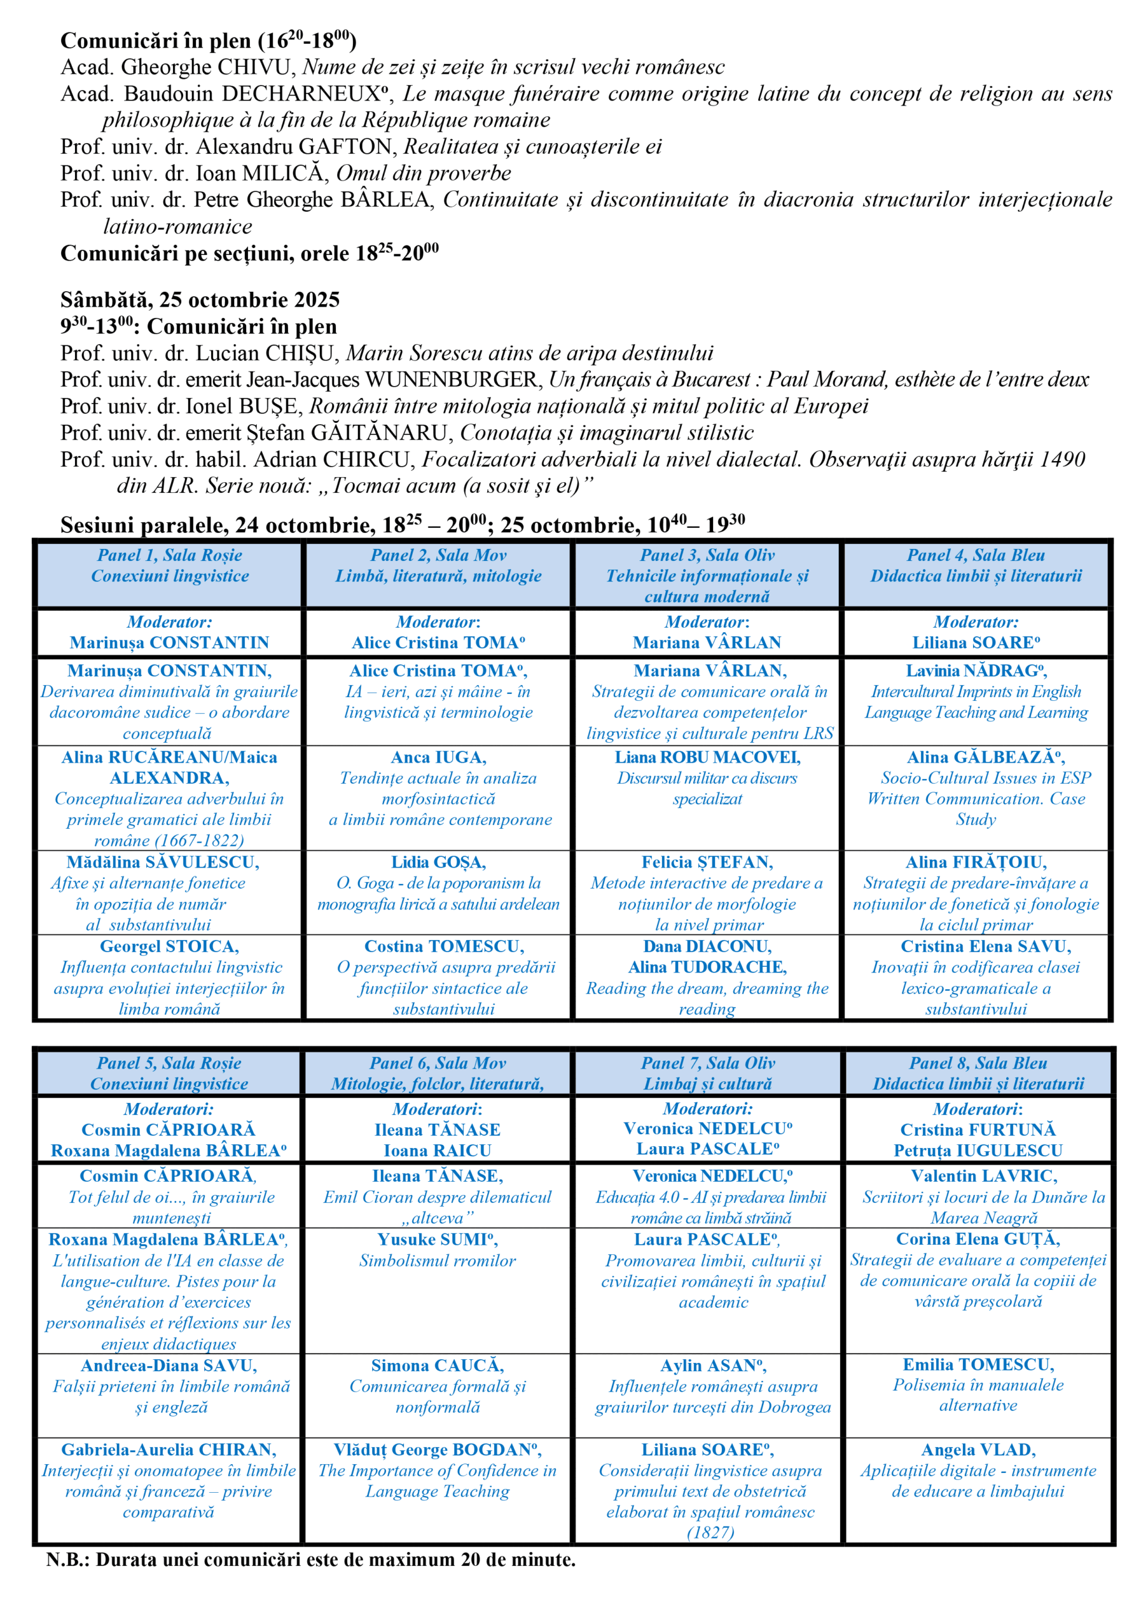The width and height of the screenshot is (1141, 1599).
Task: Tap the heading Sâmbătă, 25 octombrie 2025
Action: (200, 300)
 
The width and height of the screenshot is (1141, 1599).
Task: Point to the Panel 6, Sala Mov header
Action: (438, 1074)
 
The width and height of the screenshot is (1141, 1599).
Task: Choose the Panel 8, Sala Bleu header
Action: (978, 1074)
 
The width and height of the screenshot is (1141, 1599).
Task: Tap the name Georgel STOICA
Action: (169, 947)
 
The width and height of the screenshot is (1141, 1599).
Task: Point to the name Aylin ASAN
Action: (713, 1366)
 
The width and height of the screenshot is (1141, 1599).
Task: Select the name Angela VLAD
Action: (978, 1450)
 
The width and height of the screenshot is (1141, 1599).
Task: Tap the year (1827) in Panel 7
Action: (710, 1532)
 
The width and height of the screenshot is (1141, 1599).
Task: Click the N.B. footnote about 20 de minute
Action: (310, 1560)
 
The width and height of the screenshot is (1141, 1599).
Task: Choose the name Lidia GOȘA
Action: (438, 863)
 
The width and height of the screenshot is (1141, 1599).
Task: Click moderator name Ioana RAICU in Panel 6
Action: (437, 1151)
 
